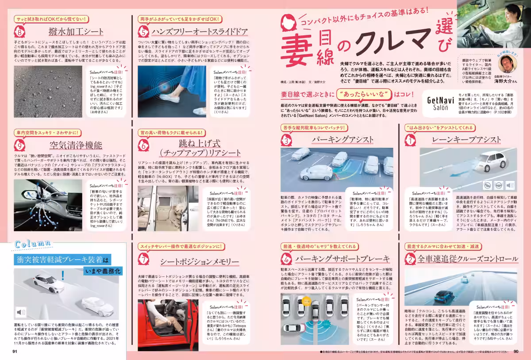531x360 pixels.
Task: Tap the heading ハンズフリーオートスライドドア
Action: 199,32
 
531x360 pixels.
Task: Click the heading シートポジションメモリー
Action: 200,261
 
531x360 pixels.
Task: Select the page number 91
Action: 15,352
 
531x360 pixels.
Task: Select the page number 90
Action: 516,352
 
